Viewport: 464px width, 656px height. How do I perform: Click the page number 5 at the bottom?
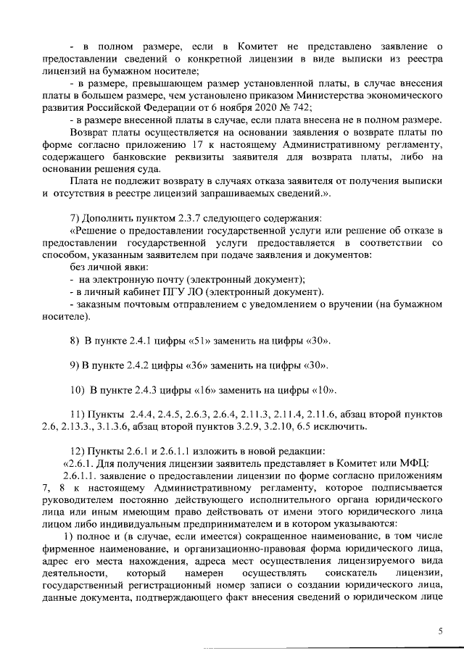coord(439,631)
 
